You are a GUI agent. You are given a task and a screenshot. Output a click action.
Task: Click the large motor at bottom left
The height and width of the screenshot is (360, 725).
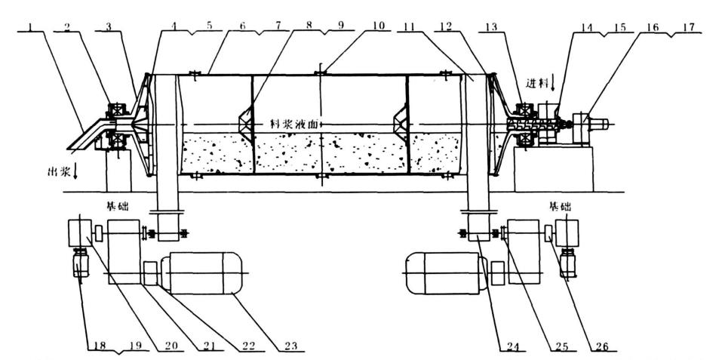coord(204,272)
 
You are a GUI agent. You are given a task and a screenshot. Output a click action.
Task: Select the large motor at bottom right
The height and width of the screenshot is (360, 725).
coord(444,272)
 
